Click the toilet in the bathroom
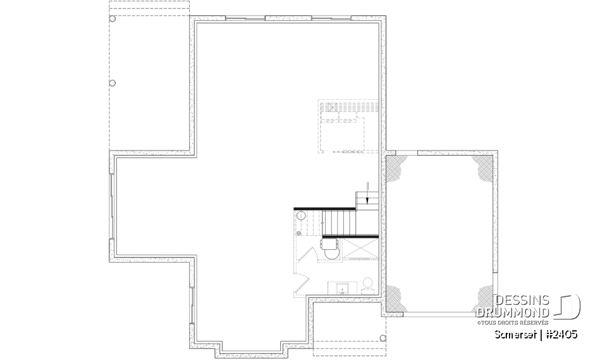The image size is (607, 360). [x=367, y=282]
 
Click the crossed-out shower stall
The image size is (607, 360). [x=360, y=247]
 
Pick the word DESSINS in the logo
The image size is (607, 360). [x=523, y=300]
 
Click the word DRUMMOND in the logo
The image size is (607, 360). [x=513, y=311]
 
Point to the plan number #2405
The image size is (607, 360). [x=561, y=333]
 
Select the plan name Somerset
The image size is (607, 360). [x=510, y=333]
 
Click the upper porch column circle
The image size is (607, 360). [x=113, y=19]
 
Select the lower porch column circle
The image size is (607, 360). [x=113, y=83]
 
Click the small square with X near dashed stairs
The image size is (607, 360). [x=328, y=107]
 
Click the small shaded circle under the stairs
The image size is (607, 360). [x=298, y=233]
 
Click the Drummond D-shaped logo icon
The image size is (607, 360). [x=569, y=306]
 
